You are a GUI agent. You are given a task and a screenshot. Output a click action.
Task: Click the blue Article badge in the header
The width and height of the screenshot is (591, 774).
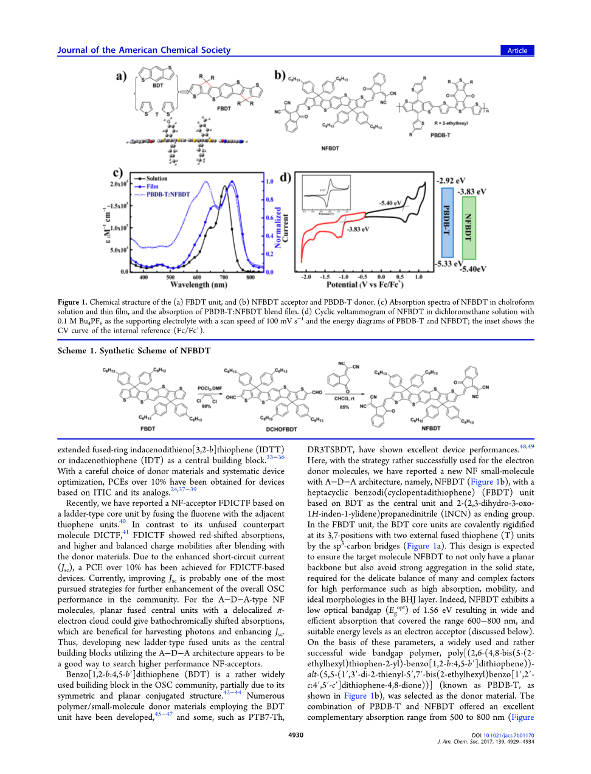517,50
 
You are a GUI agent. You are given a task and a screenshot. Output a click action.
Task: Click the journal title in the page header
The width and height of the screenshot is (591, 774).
144,50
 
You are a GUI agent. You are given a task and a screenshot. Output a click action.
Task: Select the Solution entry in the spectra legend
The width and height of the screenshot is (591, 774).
156,179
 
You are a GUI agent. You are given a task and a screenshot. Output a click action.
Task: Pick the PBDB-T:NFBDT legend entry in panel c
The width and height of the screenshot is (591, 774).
168,195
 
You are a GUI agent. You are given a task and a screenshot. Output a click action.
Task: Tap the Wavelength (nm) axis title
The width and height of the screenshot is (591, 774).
199,285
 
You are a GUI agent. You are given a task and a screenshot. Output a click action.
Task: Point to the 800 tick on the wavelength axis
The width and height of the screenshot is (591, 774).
251,277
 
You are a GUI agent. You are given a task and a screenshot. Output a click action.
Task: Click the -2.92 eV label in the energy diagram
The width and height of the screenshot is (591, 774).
451,181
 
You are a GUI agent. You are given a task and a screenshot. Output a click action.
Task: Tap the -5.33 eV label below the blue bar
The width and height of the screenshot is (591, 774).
449,264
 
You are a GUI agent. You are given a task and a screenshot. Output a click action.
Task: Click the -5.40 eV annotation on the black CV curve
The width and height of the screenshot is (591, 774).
390,203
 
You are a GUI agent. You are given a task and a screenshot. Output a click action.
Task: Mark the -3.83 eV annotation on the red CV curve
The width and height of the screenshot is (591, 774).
358,229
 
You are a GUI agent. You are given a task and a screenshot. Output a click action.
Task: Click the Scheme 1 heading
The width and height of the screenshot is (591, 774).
134,351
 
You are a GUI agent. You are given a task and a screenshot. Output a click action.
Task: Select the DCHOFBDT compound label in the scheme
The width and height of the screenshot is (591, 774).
282,429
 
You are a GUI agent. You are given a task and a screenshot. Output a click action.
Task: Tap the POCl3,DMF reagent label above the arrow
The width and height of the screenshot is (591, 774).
210,388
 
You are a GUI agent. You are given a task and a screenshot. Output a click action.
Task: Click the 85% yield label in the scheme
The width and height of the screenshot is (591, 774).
344,407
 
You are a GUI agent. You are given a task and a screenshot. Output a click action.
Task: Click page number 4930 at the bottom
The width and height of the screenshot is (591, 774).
295,735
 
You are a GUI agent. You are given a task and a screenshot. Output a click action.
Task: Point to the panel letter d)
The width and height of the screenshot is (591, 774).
285,178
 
